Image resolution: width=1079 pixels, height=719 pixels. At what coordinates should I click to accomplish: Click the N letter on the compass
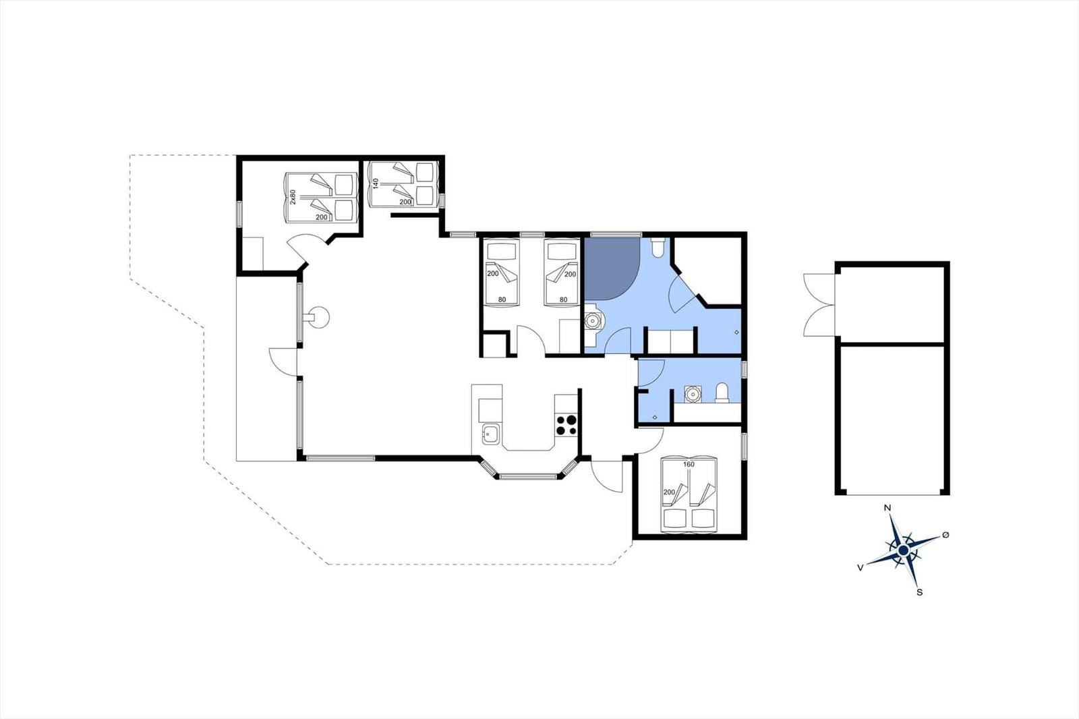tap(887, 508)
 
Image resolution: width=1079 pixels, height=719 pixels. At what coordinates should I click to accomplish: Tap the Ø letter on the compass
tap(945, 535)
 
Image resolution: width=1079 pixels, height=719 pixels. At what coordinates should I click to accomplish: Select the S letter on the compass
tap(920, 593)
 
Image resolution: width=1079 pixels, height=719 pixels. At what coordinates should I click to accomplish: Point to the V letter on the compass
tap(861, 568)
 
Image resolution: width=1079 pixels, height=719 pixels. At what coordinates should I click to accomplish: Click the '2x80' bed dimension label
tap(293, 197)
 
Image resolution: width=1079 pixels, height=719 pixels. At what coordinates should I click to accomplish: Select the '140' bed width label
tap(376, 183)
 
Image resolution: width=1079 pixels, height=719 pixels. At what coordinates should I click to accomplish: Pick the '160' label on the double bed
tap(689, 465)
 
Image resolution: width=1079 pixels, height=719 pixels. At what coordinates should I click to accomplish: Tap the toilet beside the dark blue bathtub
tap(658, 247)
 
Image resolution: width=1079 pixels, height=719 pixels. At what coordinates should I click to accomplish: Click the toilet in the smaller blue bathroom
tap(722, 393)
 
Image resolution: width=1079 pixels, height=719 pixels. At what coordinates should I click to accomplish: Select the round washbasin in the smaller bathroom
tap(693, 394)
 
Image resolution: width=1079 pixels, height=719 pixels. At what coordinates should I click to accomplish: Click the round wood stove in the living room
tap(319, 318)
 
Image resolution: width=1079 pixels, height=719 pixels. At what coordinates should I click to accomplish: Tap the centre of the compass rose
tap(903, 550)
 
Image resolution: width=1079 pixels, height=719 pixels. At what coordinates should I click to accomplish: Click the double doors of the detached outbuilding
tap(819, 305)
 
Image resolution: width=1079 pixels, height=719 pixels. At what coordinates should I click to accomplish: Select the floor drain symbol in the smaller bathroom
tap(655, 417)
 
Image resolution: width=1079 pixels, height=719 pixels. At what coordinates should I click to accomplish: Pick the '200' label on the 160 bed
tap(669, 492)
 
